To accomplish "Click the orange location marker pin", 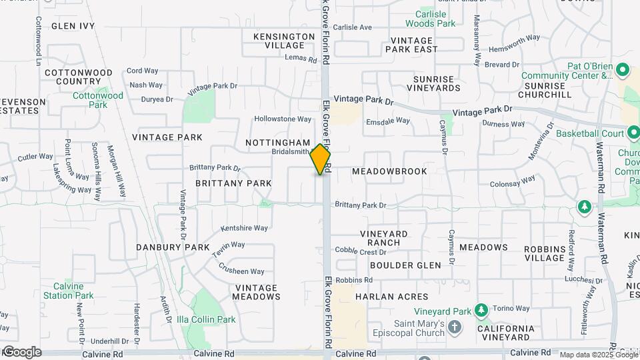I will point(321,159).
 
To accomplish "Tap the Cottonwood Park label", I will point(98,100).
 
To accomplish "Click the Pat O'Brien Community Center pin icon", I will point(623,69).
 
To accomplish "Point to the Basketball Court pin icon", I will point(633,133).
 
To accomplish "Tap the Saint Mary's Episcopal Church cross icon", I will point(455,327).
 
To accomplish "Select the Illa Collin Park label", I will point(211,319).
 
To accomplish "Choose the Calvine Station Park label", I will point(69,291).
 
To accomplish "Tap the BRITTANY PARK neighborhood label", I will point(233,183).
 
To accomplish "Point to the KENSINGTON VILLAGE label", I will point(284,41).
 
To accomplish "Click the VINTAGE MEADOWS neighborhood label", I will point(256,292).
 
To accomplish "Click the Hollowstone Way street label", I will point(283,119).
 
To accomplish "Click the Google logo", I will point(21,352).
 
